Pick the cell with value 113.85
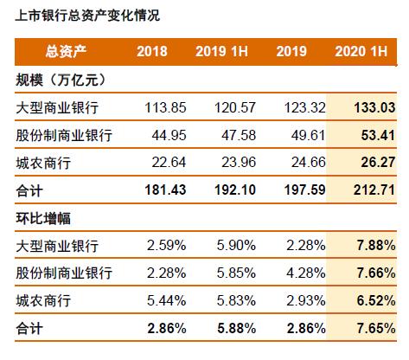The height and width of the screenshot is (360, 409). click(158, 108)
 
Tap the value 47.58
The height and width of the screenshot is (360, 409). click(230, 136)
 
